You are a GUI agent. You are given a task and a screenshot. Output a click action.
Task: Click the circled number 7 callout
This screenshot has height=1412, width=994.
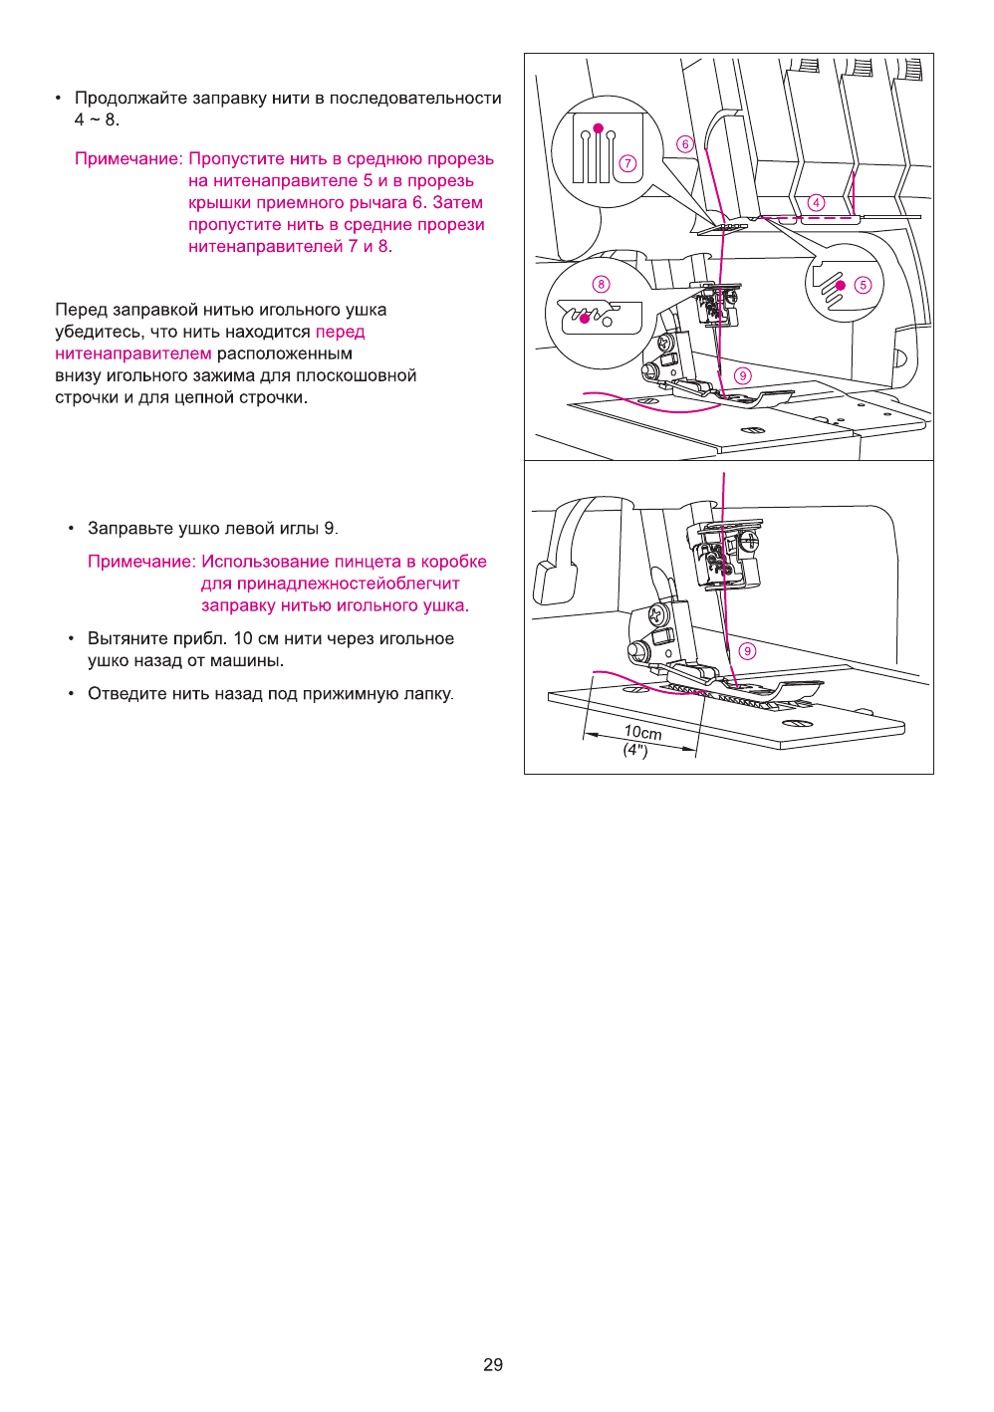[627, 163]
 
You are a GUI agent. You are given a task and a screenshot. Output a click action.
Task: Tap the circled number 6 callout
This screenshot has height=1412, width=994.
[684, 143]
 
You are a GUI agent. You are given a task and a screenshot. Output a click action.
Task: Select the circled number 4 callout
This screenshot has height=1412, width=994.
[817, 202]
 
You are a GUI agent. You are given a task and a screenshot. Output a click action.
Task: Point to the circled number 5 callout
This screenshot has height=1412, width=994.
[863, 285]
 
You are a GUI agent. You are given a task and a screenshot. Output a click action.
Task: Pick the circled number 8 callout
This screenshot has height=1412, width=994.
[601, 284]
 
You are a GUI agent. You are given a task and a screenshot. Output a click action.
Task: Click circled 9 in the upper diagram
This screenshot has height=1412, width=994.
[743, 375]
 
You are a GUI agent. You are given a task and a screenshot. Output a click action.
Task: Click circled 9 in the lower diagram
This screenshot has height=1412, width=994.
[747, 650]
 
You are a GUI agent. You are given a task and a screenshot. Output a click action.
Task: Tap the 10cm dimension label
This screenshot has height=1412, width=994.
[642, 732]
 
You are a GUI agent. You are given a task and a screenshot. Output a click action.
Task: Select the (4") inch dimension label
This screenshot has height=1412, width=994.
[635, 750]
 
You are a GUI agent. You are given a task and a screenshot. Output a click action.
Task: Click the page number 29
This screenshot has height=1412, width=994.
[493, 1364]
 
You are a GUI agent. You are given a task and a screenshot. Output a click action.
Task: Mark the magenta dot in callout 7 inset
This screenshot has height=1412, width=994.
[598, 128]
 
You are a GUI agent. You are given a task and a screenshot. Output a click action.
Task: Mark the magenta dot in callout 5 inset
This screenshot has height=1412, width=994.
[841, 286]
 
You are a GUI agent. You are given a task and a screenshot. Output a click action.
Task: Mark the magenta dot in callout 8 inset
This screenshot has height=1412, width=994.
[585, 319]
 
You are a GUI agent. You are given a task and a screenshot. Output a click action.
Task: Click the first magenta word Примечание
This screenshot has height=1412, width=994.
[128, 158]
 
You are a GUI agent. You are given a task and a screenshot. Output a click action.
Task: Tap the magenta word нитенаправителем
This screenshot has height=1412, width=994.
[133, 353]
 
